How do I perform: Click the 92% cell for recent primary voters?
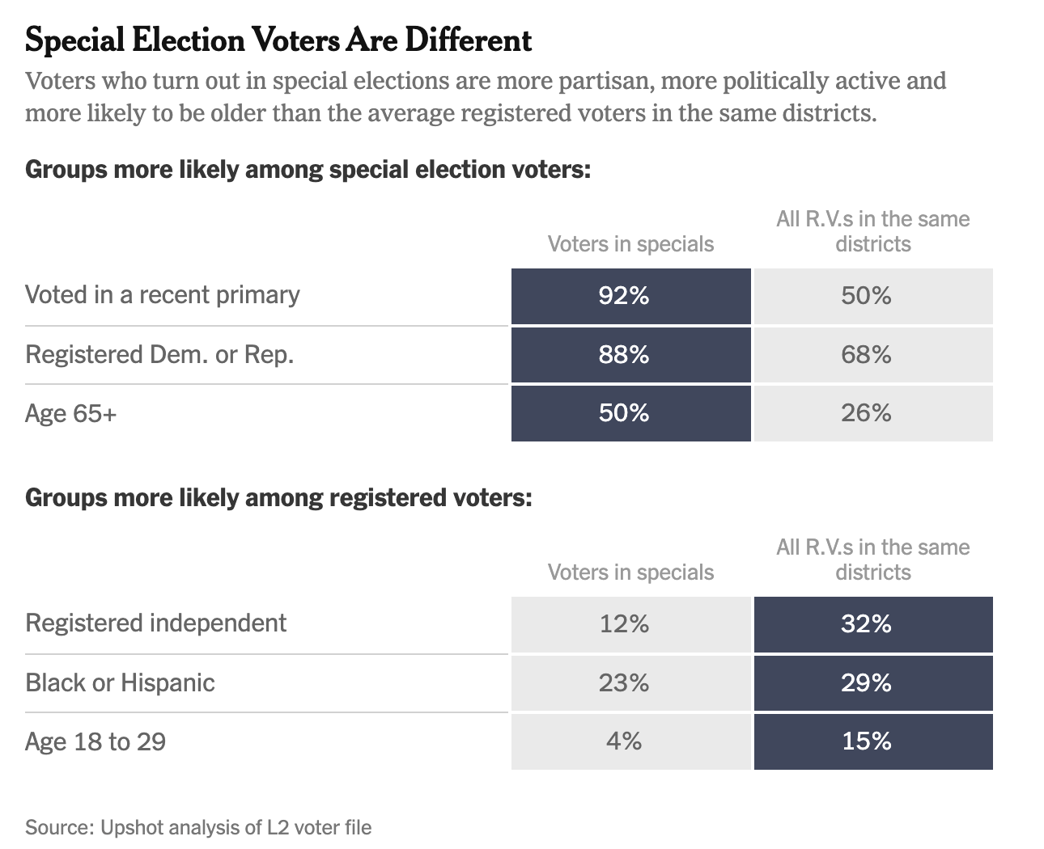click(630, 296)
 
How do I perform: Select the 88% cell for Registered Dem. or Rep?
click(630, 355)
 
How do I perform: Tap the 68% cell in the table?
click(872, 355)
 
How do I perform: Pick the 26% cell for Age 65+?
click(872, 413)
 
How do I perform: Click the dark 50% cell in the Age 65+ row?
click(630, 413)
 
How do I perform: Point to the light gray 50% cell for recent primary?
click(872, 296)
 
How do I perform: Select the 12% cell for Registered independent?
click(630, 624)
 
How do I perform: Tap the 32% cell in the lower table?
click(872, 624)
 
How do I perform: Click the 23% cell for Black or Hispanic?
click(630, 683)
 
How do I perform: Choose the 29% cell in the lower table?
click(872, 683)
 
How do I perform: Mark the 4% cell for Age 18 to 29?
click(630, 741)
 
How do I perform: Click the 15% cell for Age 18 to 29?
click(872, 741)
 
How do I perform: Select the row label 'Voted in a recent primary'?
click(162, 295)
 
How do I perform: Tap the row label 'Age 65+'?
click(70, 413)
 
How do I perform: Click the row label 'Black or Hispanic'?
click(120, 683)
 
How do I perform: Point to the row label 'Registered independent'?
click(155, 623)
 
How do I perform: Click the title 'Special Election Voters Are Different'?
click(278, 40)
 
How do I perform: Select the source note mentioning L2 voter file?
click(198, 828)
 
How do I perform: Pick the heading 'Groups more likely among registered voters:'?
click(278, 497)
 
